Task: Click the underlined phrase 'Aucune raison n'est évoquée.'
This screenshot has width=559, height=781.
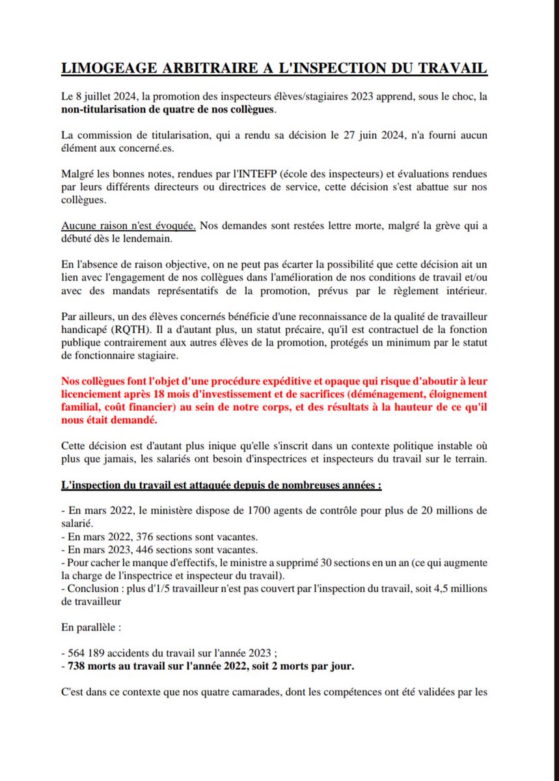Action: [128, 226]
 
